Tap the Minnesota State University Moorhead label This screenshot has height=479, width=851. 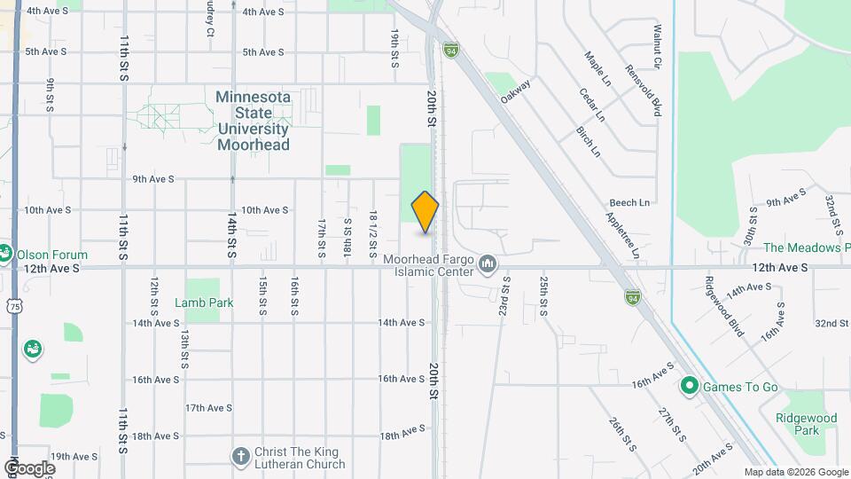(x=254, y=120)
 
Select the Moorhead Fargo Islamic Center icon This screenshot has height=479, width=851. (x=487, y=264)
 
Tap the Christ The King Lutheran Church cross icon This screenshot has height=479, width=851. (x=239, y=457)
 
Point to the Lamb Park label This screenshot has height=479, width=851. (x=204, y=302)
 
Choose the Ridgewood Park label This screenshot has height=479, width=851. (x=805, y=424)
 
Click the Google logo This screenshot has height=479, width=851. (x=29, y=467)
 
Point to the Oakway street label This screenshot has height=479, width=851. (x=515, y=91)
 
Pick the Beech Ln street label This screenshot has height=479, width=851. (x=629, y=203)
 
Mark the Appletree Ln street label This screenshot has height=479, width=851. (x=622, y=235)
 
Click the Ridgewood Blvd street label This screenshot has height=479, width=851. (x=723, y=306)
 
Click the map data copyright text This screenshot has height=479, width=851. (x=795, y=472)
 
